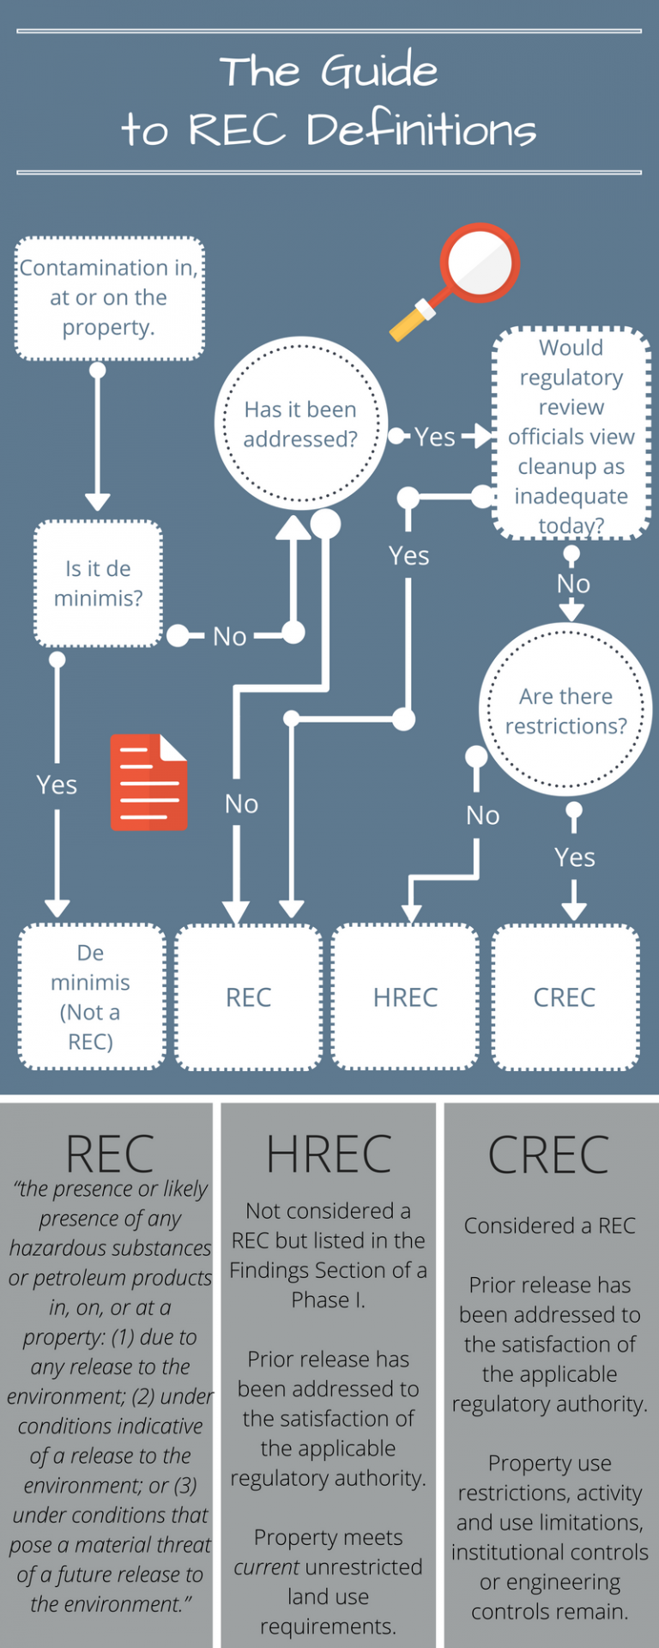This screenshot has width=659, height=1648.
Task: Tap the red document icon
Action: click(148, 782)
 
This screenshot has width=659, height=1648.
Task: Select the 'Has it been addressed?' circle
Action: click(300, 424)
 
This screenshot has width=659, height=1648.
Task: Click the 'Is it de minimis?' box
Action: click(98, 584)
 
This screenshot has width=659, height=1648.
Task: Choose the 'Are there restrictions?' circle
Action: click(565, 710)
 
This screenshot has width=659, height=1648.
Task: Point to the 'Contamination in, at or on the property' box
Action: click(109, 298)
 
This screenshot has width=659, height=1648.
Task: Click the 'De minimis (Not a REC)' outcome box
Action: click(91, 997)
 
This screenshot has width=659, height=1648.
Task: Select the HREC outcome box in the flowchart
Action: click(405, 997)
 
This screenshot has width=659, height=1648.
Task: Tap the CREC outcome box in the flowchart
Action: click(565, 997)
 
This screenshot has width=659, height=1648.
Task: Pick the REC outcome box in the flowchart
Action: click(249, 997)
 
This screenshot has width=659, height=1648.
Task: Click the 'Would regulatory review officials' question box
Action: click(571, 435)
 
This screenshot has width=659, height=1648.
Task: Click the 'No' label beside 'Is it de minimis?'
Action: click(229, 636)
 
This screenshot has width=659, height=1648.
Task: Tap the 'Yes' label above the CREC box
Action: click(574, 857)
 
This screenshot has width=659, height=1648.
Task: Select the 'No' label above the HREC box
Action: click(482, 815)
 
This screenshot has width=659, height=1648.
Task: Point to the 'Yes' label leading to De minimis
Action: click(57, 785)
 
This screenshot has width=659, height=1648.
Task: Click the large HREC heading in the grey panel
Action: click(329, 1154)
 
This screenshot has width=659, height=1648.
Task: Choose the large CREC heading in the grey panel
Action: click(548, 1155)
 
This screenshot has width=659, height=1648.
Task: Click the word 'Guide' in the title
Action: click(379, 71)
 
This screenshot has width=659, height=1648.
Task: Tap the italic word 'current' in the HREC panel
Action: click(266, 1566)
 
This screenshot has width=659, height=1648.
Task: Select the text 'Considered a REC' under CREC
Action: click(549, 1226)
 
